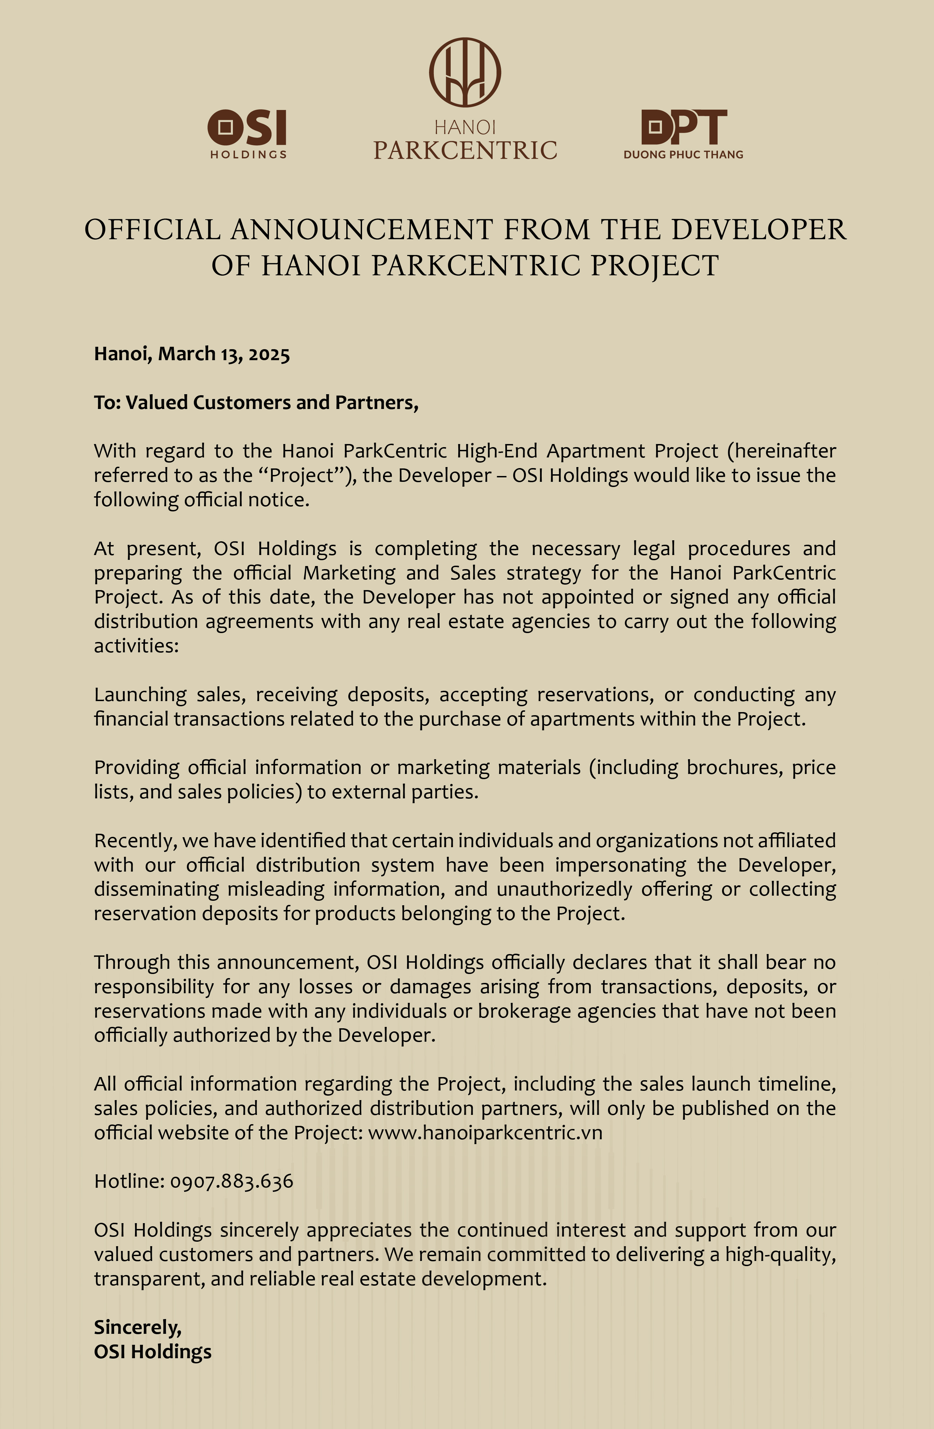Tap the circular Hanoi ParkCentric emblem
click(x=465, y=72)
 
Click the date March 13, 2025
click(x=224, y=354)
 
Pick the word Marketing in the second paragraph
click(x=349, y=573)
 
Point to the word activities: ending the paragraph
click(x=136, y=646)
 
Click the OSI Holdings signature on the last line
click(x=153, y=1352)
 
